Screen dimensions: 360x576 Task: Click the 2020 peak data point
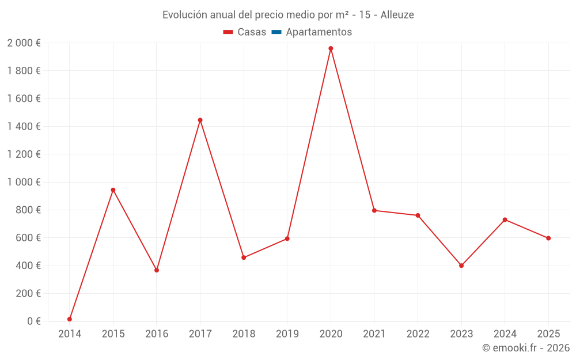(x=331, y=48)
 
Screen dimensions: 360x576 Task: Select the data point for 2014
(x=70, y=319)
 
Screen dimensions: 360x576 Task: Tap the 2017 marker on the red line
(x=200, y=120)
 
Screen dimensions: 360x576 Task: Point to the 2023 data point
(x=461, y=266)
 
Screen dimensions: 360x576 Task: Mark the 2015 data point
(x=113, y=190)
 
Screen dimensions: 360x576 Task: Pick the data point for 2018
(x=244, y=257)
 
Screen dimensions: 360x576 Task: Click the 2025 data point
(x=548, y=238)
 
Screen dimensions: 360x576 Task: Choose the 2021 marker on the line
(x=374, y=210)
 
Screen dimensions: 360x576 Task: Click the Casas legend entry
(x=245, y=32)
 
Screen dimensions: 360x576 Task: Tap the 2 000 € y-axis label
(x=24, y=43)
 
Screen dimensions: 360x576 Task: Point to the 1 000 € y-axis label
(x=24, y=182)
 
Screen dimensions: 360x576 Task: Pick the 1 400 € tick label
(x=24, y=127)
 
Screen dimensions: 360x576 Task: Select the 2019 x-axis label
(x=287, y=334)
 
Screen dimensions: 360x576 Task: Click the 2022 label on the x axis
(x=418, y=334)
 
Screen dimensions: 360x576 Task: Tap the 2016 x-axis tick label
(x=157, y=334)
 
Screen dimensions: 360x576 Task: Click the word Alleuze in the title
(x=397, y=15)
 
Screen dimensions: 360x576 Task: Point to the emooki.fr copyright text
(x=526, y=348)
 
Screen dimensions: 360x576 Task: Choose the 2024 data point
(x=505, y=219)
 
